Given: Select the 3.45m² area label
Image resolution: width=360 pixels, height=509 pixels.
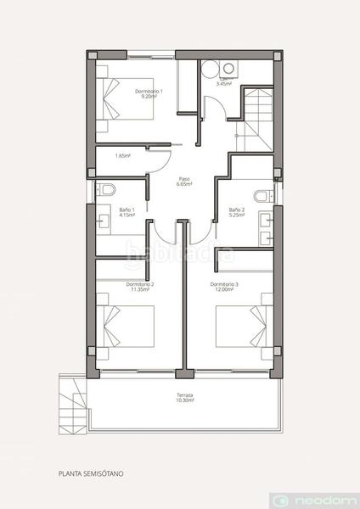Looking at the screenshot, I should (224, 83).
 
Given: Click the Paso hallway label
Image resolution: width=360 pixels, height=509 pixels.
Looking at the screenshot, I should (183, 182).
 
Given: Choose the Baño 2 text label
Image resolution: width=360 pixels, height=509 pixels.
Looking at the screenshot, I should (237, 212).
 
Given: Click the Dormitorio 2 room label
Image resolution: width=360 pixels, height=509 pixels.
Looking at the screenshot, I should (139, 286).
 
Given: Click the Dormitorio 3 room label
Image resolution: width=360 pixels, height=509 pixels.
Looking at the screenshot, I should (225, 286).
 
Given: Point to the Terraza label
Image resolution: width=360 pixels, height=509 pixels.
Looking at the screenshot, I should (185, 399).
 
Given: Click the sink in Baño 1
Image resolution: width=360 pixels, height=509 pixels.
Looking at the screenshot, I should (105, 222).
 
